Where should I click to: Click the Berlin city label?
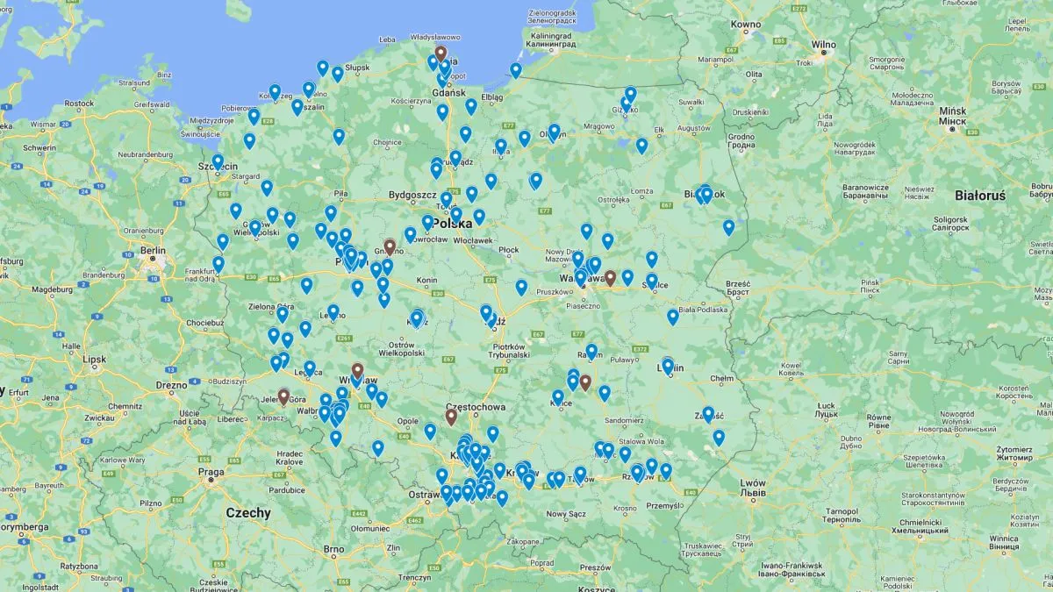[152, 250]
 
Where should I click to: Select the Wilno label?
[823, 44]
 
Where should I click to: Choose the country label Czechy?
[248, 512]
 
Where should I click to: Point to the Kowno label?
[745, 24]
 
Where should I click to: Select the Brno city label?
[333, 550]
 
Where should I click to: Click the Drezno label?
[171, 385]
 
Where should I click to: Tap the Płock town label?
[509, 250]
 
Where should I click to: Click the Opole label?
[408, 421]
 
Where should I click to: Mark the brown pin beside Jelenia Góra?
[283, 396]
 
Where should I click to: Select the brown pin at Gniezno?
[390, 247]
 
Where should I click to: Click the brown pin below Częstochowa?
[451, 417]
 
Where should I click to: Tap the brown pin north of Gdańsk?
[441, 53]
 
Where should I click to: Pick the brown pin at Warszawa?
[610, 277]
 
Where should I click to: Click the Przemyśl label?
[664, 505]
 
